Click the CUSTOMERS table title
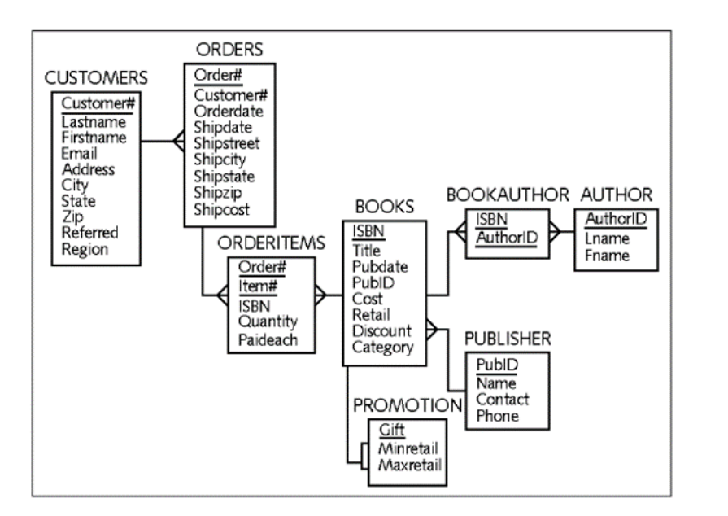96,78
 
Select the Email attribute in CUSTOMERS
80,154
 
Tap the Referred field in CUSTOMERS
89,233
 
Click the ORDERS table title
229,50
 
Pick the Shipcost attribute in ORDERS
222,209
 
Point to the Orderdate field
228,112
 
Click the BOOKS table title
385,207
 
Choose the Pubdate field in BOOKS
381,266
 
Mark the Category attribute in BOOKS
382,347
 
